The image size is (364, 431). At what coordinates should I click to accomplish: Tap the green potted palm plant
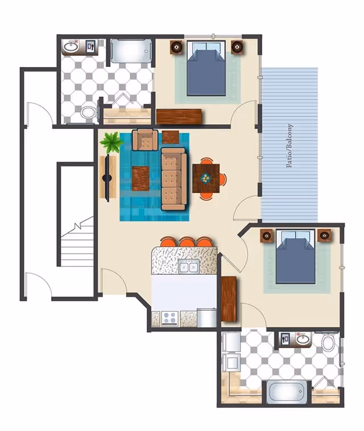click(x=111, y=142)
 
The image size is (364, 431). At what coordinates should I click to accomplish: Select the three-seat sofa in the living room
click(x=173, y=178)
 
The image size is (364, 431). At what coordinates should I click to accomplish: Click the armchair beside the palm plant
click(x=145, y=139)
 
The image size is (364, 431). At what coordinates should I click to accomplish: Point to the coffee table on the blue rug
click(x=140, y=178)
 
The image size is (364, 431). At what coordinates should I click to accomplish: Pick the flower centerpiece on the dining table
click(x=205, y=178)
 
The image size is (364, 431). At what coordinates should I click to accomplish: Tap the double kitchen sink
click(x=188, y=266)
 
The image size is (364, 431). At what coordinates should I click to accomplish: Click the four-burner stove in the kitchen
click(x=169, y=319)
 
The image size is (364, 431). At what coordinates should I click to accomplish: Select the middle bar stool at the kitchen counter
click(x=187, y=242)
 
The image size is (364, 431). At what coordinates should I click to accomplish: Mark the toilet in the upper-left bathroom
click(x=88, y=112)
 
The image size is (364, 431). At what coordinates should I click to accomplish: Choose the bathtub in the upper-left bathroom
click(x=131, y=51)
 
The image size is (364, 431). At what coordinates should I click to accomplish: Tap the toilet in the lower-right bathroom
click(x=328, y=342)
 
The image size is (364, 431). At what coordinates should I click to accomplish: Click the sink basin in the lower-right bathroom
click(x=303, y=340)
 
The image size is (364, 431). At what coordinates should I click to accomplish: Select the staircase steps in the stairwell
click(x=77, y=244)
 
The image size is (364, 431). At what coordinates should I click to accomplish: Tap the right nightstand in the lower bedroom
click(x=324, y=235)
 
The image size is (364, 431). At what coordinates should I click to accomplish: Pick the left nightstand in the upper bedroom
click(x=177, y=47)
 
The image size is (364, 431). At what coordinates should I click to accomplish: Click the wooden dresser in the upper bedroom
click(x=179, y=116)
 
